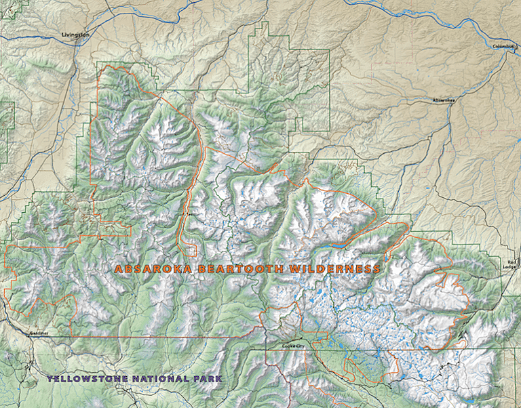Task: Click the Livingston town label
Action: click(75, 34)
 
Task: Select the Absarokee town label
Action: click(444, 100)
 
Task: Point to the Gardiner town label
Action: click(39, 333)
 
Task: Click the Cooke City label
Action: click(294, 346)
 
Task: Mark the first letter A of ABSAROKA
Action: click(118, 269)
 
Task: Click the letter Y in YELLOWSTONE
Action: click(50, 378)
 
